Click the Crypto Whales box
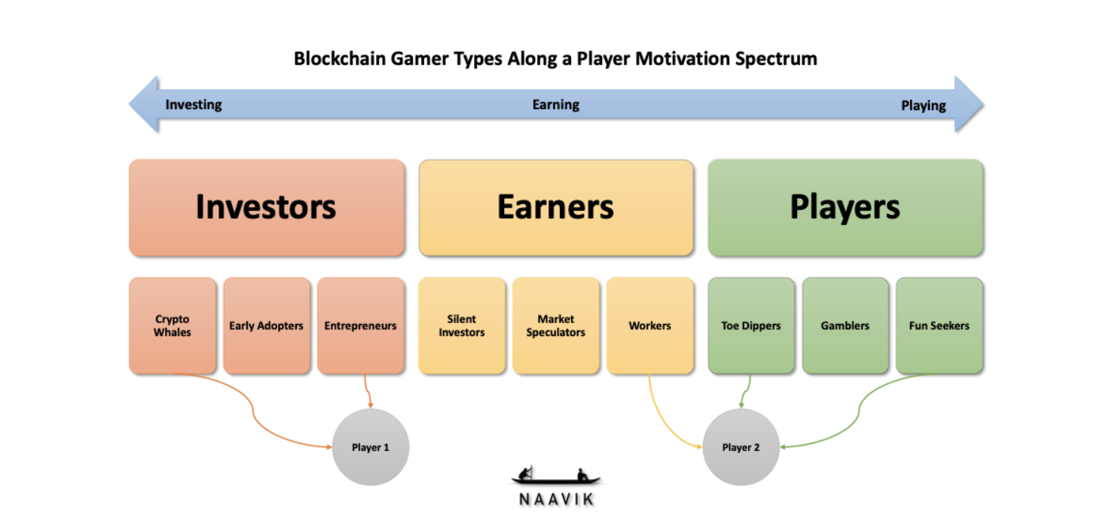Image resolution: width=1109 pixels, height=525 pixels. pyautogui.click(x=173, y=325)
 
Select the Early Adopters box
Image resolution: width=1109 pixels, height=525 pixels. pyautogui.click(x=267, y=325)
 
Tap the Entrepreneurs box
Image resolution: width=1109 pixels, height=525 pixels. pyautogui.click(x=361, y=325)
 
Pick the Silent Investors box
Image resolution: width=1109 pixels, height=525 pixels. pyautogui.click(x=462, y=325)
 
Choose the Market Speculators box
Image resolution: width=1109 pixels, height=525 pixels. pyautogui.click(x=556, y=325)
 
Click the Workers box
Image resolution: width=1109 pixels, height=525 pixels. pyautogui.click(x=650, y=325)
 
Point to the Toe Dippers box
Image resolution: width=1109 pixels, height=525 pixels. pyautogui.click(x=752, y=325)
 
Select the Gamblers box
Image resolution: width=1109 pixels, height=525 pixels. pyautogui.click(x=845, y=325)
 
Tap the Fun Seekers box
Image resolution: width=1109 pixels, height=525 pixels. pyautogui.click(x=939, y=325)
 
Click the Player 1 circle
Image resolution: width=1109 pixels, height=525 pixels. pyautogui.click(x=371, y=447)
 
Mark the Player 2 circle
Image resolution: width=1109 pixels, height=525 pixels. pyautogui.click(x=741, y=447)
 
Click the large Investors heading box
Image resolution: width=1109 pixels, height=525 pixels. pyautogui.click(x=267, y=208)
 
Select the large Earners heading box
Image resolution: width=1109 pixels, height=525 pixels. pyautogui.click(x=556, y=208)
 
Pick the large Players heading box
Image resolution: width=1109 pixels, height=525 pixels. pyautogui.click(x=845, y=208)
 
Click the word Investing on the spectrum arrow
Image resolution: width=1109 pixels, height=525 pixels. pyautogui.click(x=194, y=105)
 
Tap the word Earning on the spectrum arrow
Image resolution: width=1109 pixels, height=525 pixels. pyautogui.click(x=556, y=105)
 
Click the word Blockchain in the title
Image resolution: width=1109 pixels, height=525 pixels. pyautogui.click(x=340, y=59)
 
